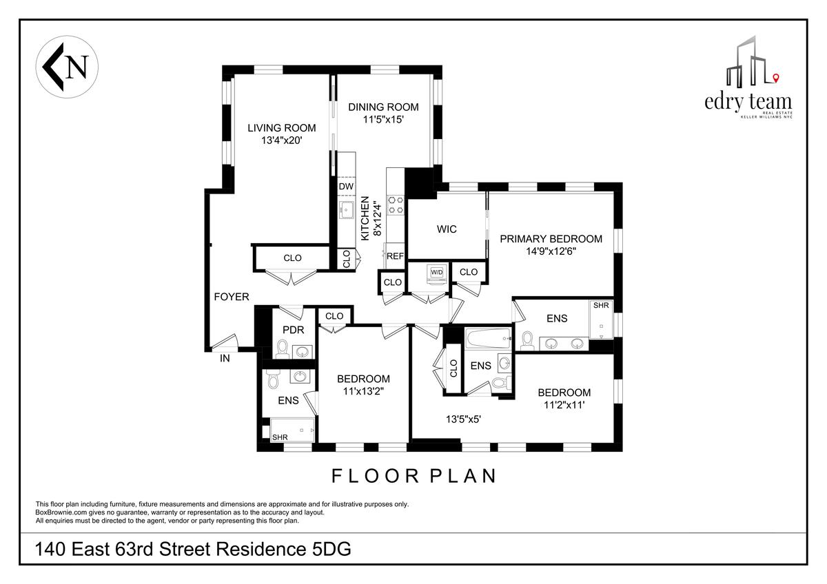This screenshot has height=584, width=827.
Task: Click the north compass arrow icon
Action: pos(67,67)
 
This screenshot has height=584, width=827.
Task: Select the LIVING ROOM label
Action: pos(282,128)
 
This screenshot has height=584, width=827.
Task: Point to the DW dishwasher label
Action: pos(346,187)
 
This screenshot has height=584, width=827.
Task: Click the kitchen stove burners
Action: pos(396,205)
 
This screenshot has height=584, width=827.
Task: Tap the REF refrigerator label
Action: pos(395,256)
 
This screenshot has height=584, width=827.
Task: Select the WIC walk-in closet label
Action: pos(447,229)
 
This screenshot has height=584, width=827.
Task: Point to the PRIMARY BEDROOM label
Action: pos(551,239)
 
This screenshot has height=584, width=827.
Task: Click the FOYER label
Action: pos(232,297)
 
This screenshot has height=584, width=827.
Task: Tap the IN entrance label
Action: pos(225,358)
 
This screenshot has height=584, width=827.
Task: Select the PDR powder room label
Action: pos(293,330)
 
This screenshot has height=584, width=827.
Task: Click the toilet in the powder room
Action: pos(283,349)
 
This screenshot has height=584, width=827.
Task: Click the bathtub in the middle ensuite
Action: pos(489,338)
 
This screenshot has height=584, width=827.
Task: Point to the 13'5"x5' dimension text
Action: pos(463,419)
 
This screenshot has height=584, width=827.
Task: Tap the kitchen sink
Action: pos(346,210)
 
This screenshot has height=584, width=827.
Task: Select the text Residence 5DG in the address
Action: pos(283,549)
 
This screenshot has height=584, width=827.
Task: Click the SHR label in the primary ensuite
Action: pos(601,306)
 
